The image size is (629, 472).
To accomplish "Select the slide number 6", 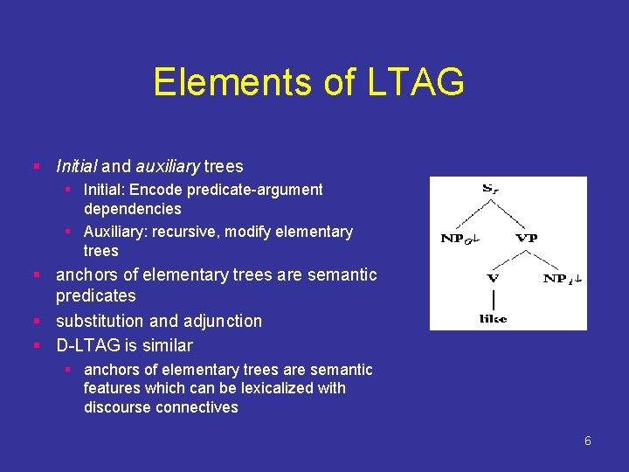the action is point(587,441).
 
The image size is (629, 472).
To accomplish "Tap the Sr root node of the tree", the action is point(491,188).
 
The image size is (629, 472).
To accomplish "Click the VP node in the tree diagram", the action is point(527,238).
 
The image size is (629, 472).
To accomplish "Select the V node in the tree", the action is point(493,278).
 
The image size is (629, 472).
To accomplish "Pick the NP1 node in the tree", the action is point(563,278).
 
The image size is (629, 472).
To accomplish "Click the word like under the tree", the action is point(493,318).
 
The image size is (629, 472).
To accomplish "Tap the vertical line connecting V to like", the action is point(493,298).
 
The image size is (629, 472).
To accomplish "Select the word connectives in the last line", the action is point(197,407).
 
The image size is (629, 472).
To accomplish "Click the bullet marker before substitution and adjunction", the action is point(37,321).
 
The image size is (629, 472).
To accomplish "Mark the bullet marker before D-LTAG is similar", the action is point(37,345).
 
